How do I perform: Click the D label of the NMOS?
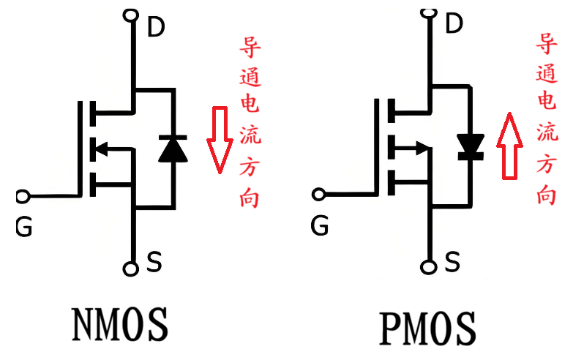157,27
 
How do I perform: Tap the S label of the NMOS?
154,262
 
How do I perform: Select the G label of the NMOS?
23,228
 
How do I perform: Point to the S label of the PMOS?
453,260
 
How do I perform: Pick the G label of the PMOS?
319,226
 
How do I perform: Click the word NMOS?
120,324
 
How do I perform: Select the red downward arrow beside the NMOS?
217,140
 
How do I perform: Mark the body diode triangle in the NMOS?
173,149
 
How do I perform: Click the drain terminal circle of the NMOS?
132,14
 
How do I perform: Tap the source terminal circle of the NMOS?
132,269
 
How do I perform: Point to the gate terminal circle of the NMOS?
23,196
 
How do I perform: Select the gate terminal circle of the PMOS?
319,195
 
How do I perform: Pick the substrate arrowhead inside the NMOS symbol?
102,149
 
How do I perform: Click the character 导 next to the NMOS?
251,50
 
